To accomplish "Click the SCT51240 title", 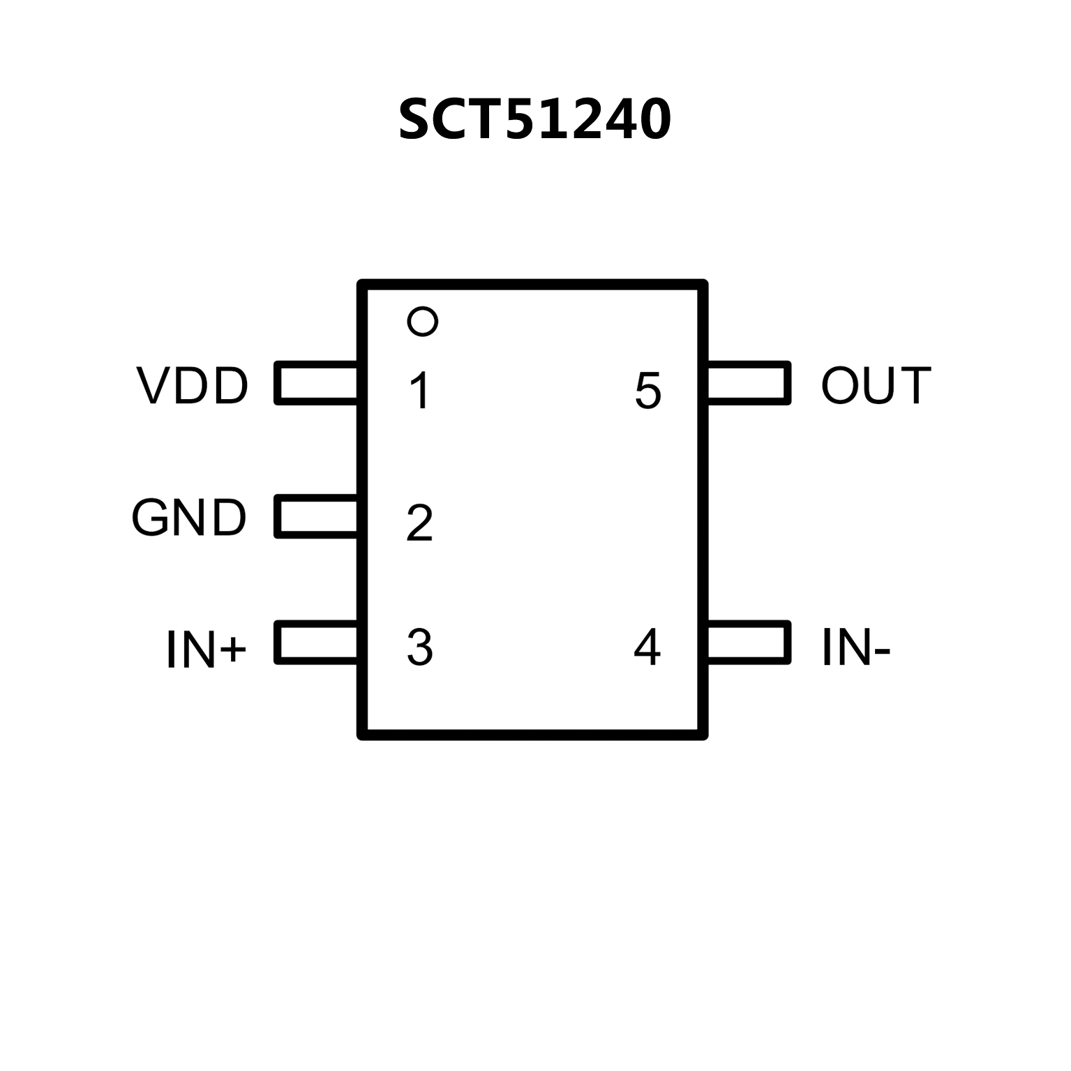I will [534, 119].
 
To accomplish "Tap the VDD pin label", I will [193, 385].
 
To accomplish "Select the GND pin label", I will [189, 518].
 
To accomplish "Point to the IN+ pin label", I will [207, 650].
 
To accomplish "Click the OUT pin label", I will [876, 385].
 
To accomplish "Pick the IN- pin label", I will [856, 648].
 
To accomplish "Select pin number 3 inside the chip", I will [419, 647].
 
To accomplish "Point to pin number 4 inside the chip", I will [647, 647].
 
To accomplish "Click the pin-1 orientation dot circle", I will [422, 322].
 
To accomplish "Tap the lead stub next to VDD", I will [317, 382].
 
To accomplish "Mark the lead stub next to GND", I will [317, 516].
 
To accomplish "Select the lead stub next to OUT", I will [748, 382].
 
